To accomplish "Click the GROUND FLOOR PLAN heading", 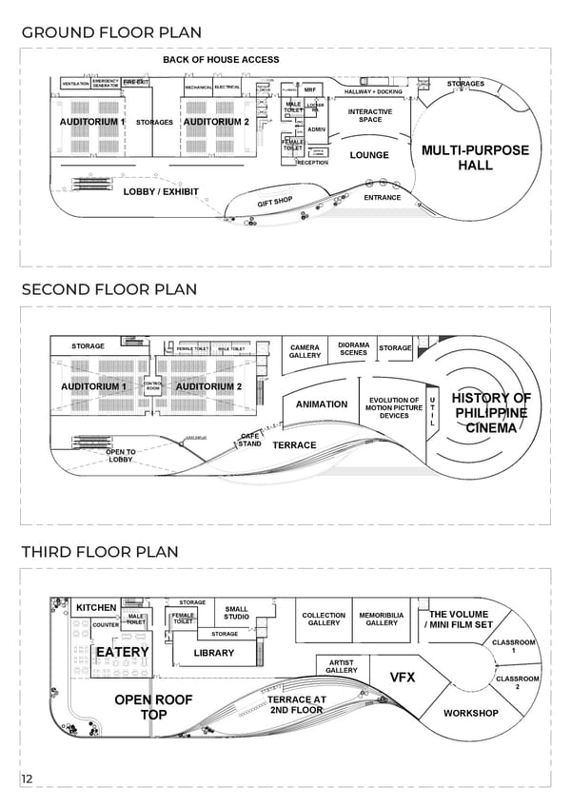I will (x=111, y=32).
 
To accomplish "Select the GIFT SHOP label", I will (x=274, y=202).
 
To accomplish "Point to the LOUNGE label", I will (x=369, y=155).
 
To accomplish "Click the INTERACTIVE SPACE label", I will (x=370, y=116).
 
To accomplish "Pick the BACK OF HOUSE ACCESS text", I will (x=221, y=60).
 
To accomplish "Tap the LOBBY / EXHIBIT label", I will (x=161, y=192).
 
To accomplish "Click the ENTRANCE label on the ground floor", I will (x=383, y=198).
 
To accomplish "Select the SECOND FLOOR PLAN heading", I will (x=109, y=289).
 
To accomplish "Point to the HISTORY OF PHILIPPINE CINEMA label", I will (x=491, y=413).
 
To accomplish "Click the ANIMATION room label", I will (x=322, y=404).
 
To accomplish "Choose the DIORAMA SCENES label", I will (x=353, y=348).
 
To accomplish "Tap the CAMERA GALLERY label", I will (x=305, y=352).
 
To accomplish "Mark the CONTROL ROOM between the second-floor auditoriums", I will (x=152, y=385).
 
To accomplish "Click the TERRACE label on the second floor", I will (x=294, y=445).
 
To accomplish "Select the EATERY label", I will (x=122, y=652).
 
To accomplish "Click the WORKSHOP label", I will (x=470, y=713).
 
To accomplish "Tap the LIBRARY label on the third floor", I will (x=214, y=654).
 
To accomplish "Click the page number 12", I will (x=28, y=780).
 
